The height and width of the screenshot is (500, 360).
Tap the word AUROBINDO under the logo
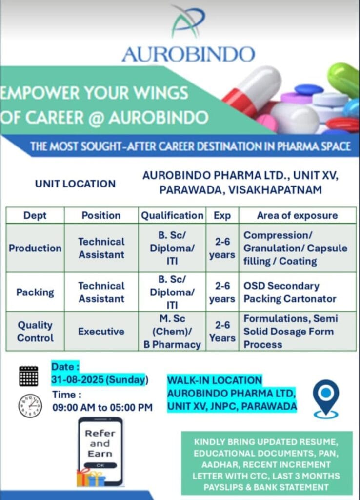click(x=188, y=54)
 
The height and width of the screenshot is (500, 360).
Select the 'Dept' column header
click(x=35, y=215)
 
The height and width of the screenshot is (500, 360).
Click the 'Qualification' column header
click(x=172, y=215)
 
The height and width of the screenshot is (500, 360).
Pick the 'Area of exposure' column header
click(x=297, y=215)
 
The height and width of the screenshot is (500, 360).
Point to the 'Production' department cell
click(x=35, y=248)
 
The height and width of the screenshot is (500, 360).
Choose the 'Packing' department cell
click(x=35, y=292)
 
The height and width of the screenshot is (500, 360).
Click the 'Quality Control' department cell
click(x=35, y=331)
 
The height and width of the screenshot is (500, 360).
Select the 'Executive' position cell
click(x=101, y=332)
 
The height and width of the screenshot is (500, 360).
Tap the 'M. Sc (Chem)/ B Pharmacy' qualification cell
click(x=172, y=332)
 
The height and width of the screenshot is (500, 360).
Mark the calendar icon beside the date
click(x=28, y=376)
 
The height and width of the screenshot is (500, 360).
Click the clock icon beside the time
click(x=30, y=405)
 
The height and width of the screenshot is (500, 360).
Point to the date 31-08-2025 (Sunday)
click(x=100, y=379)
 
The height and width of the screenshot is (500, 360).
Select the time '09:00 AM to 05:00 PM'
click(x=102, y=407)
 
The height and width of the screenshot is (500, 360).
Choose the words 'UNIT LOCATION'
click(x=75, y=184)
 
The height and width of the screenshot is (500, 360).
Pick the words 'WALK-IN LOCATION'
click(x=215, y=380)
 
